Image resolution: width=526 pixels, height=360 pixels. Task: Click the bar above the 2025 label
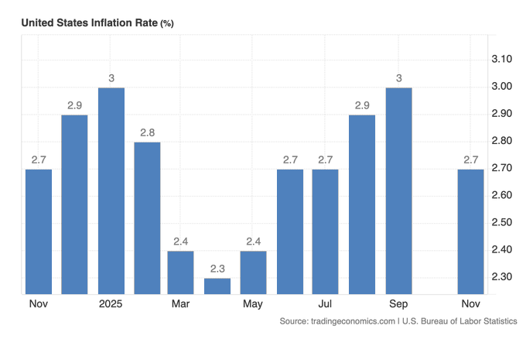coord(111,190)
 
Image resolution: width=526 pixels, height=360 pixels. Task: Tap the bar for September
coord(399,190)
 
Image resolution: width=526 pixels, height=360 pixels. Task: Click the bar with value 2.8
coord(147,218)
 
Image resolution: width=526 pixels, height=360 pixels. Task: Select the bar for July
coord(325,231)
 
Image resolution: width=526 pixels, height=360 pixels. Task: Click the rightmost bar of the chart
coord(470,231)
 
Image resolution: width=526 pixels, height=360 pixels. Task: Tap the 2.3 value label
coord(217,269)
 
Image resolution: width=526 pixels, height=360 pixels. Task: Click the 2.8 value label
coord(147,132)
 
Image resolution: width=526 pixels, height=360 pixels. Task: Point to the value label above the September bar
coord(399,78)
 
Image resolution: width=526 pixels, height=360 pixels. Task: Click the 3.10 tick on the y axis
coord(503,60)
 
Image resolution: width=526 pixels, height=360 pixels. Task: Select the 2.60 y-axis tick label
coord(503,195)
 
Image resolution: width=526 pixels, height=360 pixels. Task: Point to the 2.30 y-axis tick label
coord(503,276)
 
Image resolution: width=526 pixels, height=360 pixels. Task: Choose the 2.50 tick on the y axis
coord(503,222)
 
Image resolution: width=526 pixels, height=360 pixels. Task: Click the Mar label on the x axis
coord(181,303)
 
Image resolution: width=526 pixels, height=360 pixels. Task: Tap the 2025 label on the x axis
coord(111,303)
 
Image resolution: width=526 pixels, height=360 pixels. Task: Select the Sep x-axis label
coord(399,303)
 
